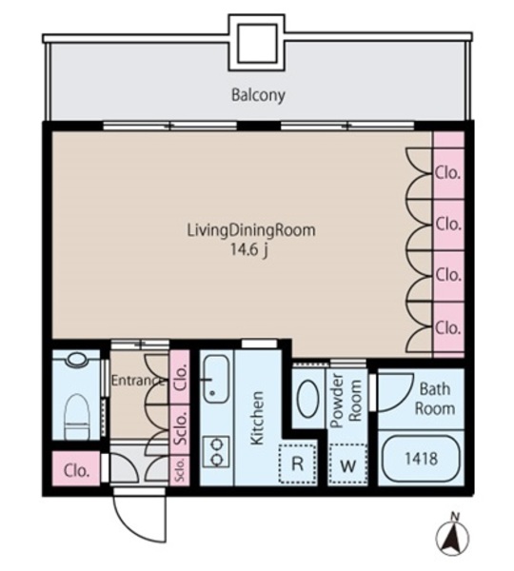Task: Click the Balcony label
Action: tap(258, 95)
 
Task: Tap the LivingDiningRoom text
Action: tap(251, 230)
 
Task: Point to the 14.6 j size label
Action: tap(249, 249)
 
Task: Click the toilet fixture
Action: tap(76, 416)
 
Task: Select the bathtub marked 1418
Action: tap(421, 458)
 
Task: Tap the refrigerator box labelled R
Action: tap(298, 463)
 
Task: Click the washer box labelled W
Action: tap(347, 464)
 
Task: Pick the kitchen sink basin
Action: tap(216, 379)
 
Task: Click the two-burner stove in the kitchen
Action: tap(216, 451)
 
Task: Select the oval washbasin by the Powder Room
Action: tap(309, 399)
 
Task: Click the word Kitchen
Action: tap(257, 418)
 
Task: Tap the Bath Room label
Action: tap(435, 399)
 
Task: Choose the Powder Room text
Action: tap(346, 401)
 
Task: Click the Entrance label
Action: tap(137, 381)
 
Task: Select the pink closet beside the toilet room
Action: tap(76, 468)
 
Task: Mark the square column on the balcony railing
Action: tap(256, 43)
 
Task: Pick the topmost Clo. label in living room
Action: tap(447, 173)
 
